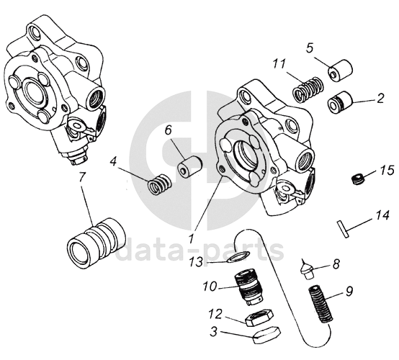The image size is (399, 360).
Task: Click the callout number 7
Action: coord(82,178)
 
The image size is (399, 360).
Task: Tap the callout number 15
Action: coord(387,170)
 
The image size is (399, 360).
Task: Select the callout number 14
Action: coord(382,215)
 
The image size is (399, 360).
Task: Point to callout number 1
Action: coord(192,238)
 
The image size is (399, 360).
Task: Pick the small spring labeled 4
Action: coord(160,183)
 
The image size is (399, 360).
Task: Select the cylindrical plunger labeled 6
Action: coord(189,166)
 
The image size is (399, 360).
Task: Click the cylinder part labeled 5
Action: coord(340,71)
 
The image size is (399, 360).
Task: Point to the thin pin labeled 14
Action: coord(343,229)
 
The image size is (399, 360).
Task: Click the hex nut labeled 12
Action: coord(259,318)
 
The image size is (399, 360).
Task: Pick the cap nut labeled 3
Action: coord(266,335)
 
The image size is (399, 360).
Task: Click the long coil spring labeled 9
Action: coord(320,305)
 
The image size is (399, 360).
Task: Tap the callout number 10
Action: coord(210,286)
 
